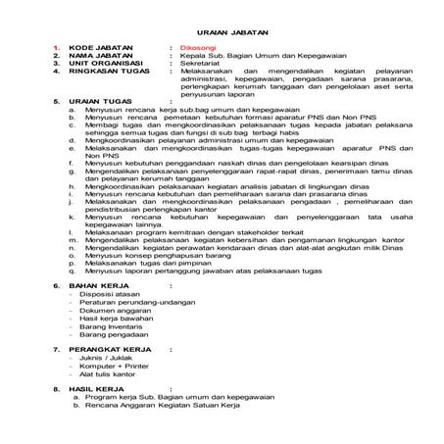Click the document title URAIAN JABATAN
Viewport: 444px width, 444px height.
[x=221, y=31]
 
